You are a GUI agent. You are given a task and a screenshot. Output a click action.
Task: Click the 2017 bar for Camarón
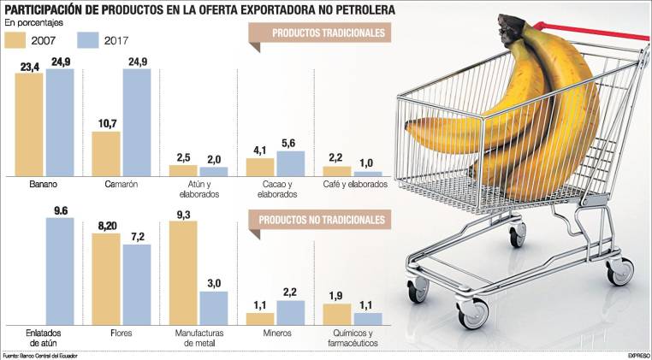pyautogui.click(x=137, y=122)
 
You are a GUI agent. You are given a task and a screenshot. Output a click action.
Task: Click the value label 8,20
pyautogui.click(x=105, y=226)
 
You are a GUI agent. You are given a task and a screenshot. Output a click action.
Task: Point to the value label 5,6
pyautogui.click(x=290, y=143)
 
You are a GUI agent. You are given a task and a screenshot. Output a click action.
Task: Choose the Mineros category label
pyautogui.click(x=276, y=333)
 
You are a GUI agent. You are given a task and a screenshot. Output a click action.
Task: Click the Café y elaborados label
pyautogui.click(x=354, y=184)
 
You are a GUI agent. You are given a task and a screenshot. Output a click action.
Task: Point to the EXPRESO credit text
pyautogui.click(x=638, y=355)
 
